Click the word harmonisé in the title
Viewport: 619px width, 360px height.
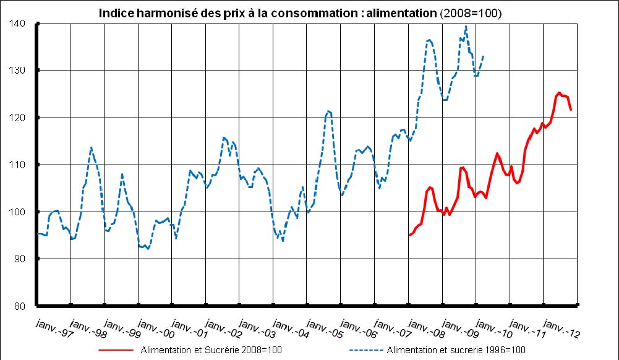click(163, 13)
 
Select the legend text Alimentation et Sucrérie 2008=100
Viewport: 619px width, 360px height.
click(211, 350)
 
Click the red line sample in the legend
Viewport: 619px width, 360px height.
click(116, 350)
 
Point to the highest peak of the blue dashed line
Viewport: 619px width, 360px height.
click(466, 26)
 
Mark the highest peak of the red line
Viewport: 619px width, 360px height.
click(559, 93)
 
